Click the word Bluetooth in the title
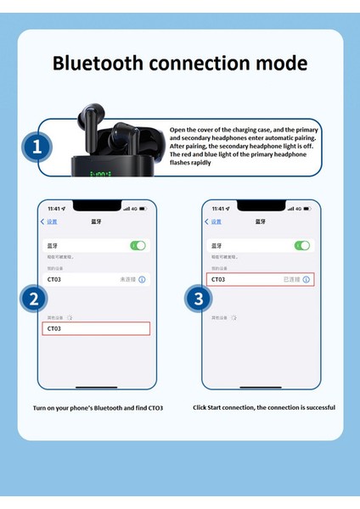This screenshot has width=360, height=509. (x=100, y=64)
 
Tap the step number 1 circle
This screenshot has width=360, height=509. (x=37, y=147)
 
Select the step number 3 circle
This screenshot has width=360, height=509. (x=198, y=298)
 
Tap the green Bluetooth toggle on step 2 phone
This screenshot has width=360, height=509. (x=138, y=245)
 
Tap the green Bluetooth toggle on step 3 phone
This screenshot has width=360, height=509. (x=301, y=245)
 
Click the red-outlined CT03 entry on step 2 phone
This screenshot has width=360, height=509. (x=96, y=328)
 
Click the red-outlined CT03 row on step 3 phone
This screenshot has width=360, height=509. (x=260, y=279)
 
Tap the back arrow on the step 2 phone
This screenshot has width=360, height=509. (x=43, y=222)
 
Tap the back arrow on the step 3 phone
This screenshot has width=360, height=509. (x=207, y=222)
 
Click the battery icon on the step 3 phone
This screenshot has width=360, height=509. (x=309, y=209)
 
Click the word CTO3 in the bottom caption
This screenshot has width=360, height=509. (x=154, y=408)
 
